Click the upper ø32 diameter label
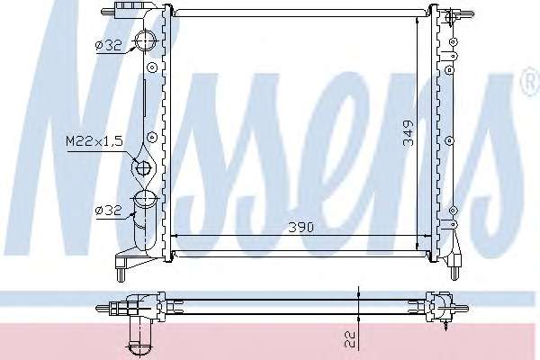tap(109, 46)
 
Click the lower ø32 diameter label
tap(109, 210)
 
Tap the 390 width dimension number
tap(301, 228)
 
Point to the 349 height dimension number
tap(409, 133)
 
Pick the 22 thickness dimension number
tap(351, 339)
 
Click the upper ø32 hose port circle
tap(145, 40)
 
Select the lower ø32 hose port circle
tap(145, 201)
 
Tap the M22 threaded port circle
tap(143, 169)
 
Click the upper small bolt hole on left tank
tap(152, 67)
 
